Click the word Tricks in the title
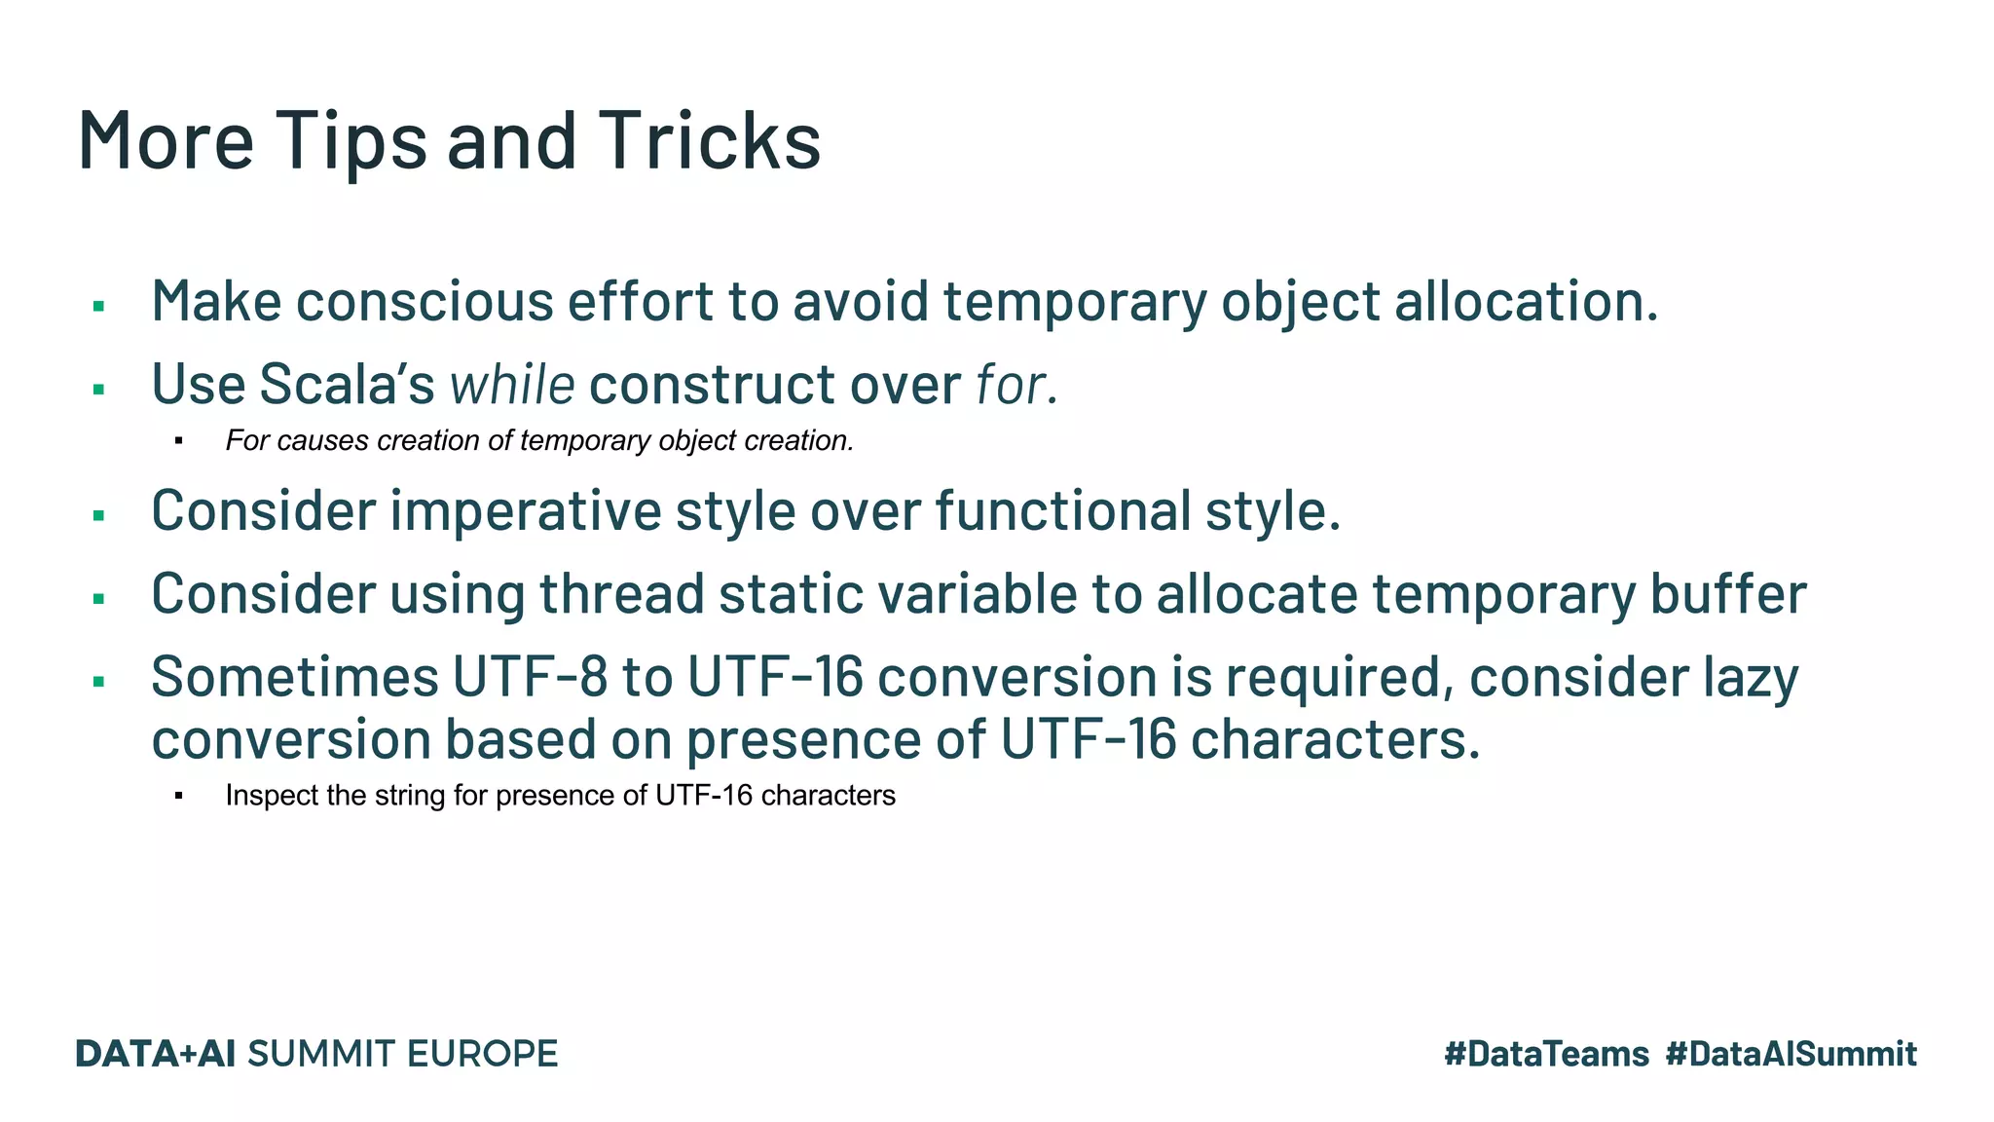(709, 140)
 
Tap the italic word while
(511, 384)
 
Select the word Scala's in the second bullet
(347, 384)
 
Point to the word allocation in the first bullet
(1526, 301)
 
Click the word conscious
(425, 301)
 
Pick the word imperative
(525, 510)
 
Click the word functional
(1062, 510)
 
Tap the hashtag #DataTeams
(1546, 1054)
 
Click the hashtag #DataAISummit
(1791, 1054)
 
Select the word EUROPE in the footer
(481, 1054)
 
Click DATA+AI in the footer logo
(156, 1054)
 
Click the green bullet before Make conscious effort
(98, 307)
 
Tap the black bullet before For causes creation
(179, 442)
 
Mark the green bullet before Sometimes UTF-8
(98, 682)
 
